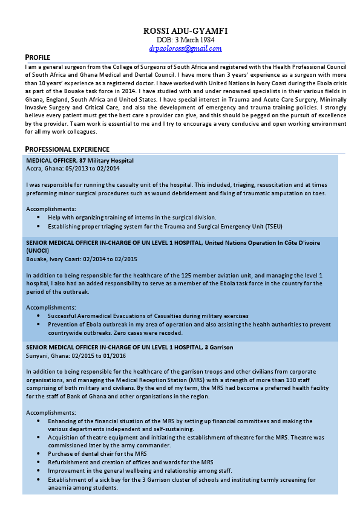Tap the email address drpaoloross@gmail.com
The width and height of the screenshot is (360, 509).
click(185, 48)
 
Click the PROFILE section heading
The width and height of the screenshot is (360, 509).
click(38, 57)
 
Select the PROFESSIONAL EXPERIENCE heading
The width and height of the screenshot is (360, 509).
click(67, 149)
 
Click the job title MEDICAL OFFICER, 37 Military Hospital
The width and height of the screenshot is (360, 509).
click(80, 160)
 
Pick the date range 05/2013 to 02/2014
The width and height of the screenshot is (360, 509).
click(93, 168)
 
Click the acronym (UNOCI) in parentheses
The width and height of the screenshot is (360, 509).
click(38, 250)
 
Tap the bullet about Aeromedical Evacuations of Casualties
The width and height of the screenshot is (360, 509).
click(148, 316)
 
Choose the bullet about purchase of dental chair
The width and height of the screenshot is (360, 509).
click(97, 453)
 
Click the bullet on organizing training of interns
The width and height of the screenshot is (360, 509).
click(132, 217)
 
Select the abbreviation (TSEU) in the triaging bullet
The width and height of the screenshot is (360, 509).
click(276, 226)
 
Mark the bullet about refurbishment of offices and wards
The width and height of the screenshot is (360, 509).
click(131, 462)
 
